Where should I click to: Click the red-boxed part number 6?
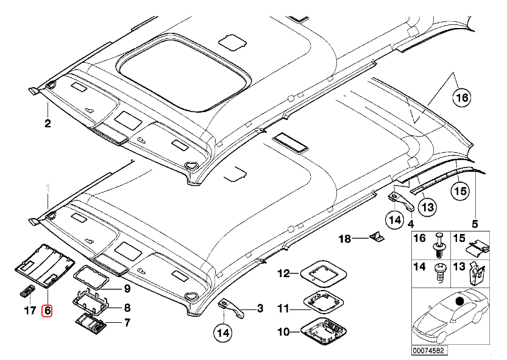tap(47, 310)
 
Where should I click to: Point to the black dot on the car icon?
tap(459, 300)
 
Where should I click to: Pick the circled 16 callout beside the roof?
tap(462, 97)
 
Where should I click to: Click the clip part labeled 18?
tap(377, 237)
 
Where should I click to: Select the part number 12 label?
tap(284, 273)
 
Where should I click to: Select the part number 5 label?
tap(475, 223)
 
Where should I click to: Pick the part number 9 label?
tap(127, 288)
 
